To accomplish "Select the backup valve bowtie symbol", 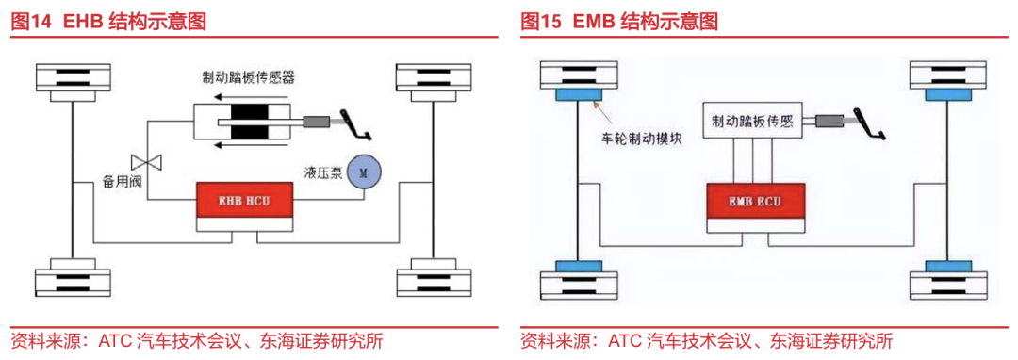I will (145, 159).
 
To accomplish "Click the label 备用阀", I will (122, 179).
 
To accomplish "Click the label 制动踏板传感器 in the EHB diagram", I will (254, 78).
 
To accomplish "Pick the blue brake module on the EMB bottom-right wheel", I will (944, 267).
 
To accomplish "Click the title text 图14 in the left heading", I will (31, 21).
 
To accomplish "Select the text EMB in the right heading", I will (593, 21).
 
